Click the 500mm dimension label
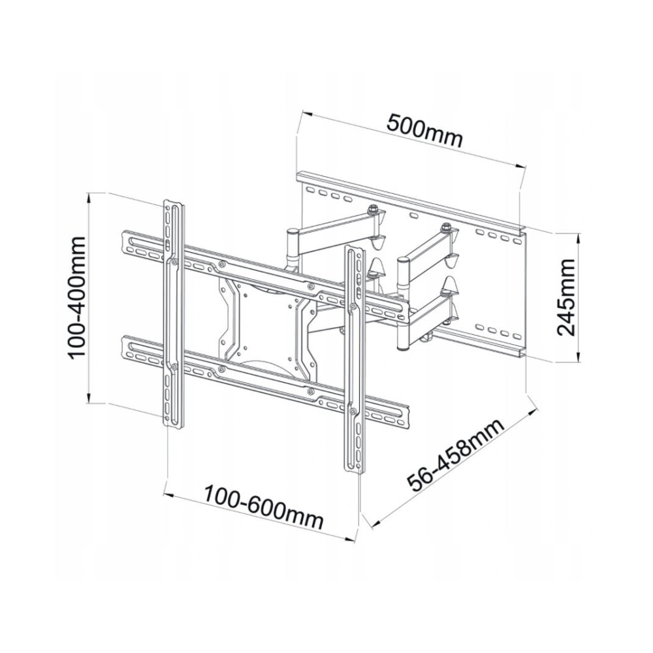[x=424, y=131]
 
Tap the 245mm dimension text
[x=565, y=297]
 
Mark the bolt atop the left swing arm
[x=373, y=210]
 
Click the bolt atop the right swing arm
[x=445, y=228]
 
